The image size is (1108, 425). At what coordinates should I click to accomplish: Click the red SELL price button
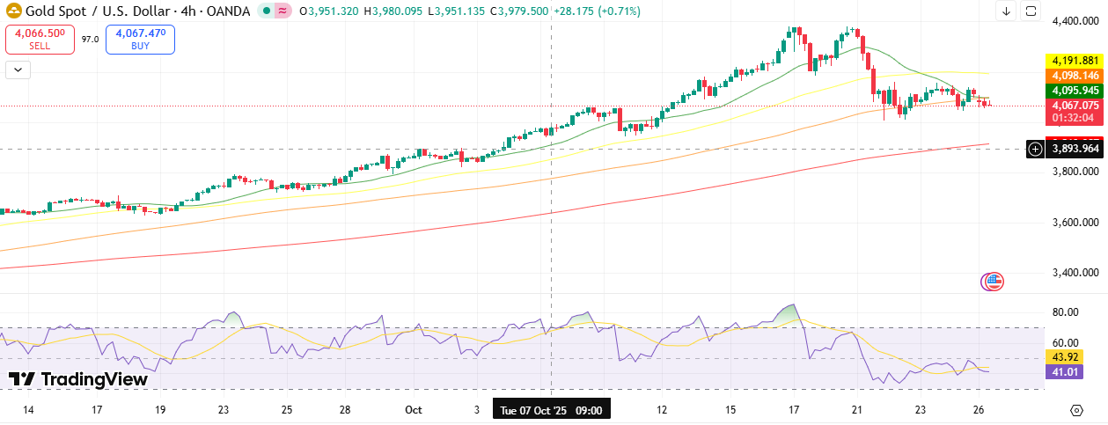[40, 39]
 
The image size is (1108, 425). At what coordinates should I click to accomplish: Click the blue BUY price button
[140, 39]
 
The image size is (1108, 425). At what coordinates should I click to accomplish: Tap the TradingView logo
[78, 379]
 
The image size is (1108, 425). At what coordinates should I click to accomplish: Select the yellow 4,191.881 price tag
[1074, 61]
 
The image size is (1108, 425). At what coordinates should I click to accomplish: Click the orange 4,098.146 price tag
[1074, 76]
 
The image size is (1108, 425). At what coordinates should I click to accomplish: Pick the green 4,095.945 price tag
[1074, 91]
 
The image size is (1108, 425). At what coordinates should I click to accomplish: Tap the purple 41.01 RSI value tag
[1063, 372]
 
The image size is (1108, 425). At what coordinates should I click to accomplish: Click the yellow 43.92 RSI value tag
[1063, 357]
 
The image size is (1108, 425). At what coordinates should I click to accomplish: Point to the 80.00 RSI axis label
[1066, 311]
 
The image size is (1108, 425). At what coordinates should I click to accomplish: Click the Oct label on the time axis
[414, 410]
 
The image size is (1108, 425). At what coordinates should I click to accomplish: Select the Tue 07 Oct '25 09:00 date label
[551, 410]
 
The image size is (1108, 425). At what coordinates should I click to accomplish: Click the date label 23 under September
[224, 410]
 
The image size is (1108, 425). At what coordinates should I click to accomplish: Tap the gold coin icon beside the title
[14, 11]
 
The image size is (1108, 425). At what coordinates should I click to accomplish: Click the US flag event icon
[992, 282]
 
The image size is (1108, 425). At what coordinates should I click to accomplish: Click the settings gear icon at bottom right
[1075, 410]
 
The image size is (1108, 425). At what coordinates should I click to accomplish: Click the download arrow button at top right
[1006, 11]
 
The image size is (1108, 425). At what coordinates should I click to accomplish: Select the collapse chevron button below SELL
[18, 69]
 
